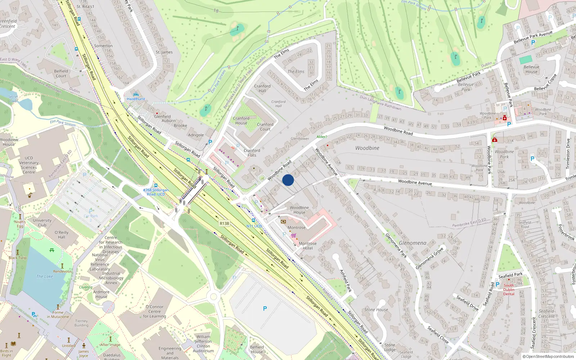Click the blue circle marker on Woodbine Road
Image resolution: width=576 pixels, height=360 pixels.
click(288, 180)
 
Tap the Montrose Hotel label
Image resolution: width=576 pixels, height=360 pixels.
click(307, 246)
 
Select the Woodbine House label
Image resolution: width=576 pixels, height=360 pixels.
click(299, 210)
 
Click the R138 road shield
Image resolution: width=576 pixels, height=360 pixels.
click(224, 224)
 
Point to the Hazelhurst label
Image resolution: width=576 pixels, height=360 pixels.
click(136, 99)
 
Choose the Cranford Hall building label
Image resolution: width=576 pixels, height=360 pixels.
click(262, 89)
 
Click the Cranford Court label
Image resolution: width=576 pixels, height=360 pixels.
click(265, 127)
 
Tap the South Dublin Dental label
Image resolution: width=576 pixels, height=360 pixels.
click(509, 290)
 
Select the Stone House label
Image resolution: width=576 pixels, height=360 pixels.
click(376, 310)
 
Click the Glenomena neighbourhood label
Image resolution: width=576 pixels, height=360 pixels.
click(413, 243)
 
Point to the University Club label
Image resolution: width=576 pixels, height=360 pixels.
click(42, 223)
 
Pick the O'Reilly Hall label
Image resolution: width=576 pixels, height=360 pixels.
click(62, 235)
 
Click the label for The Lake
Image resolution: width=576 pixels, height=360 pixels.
click(45, 276)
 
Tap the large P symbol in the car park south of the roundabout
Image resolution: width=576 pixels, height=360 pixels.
click(265, 309)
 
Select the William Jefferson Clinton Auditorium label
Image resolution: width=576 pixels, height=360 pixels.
click(203, 344)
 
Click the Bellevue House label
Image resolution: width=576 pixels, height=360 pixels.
click(531, 69)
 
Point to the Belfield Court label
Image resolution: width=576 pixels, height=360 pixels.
click(61, 73)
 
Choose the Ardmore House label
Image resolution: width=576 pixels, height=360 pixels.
click(101, 294)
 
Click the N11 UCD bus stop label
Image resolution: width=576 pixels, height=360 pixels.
click(254, 226)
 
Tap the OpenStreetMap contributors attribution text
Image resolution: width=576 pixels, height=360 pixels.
click(549, 357)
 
